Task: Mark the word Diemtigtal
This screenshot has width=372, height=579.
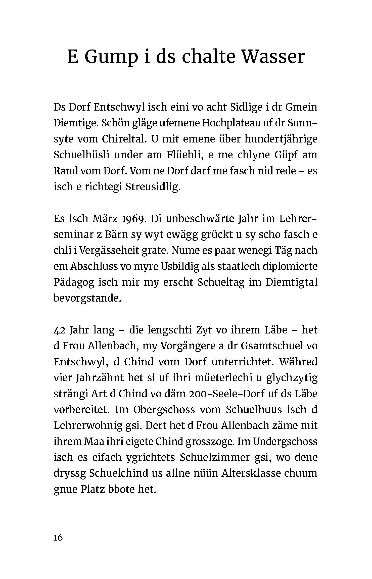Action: click(292, 282)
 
